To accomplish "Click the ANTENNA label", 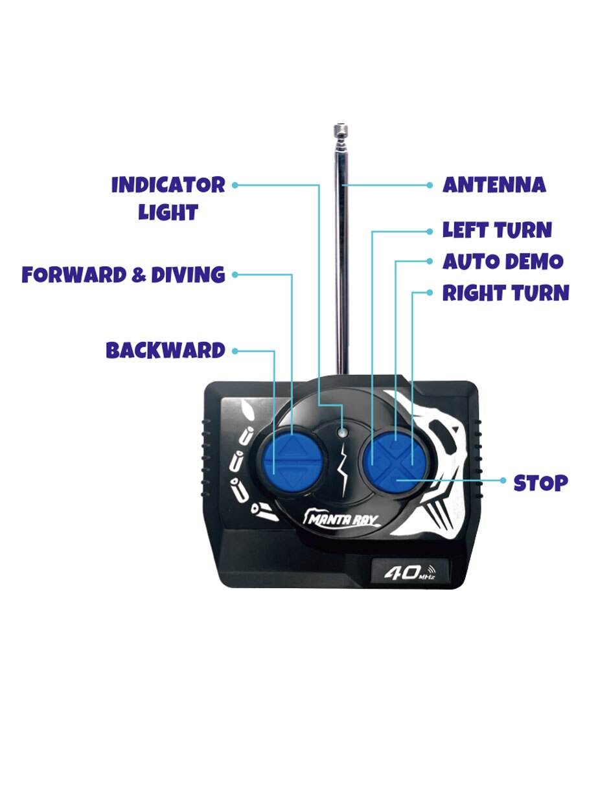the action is point(494,185).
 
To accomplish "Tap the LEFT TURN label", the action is point(497,231).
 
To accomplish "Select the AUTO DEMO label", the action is point(503,262).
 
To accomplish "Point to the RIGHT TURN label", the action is point(505,293).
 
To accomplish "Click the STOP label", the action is point(540,483).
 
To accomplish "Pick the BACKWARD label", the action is point(165,350).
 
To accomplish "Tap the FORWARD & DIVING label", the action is point(124,275).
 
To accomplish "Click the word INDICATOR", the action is point(168,185).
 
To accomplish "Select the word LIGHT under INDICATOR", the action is point(168,212).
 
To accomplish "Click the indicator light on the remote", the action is point(342,433).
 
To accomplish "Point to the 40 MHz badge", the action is point(409,572).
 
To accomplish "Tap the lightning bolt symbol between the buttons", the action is point(342,471).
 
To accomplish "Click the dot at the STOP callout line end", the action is point(503,480).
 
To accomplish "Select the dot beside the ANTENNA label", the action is point(430,185).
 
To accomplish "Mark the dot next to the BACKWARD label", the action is point(235,350).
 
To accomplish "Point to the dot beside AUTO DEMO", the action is point(430,261).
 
